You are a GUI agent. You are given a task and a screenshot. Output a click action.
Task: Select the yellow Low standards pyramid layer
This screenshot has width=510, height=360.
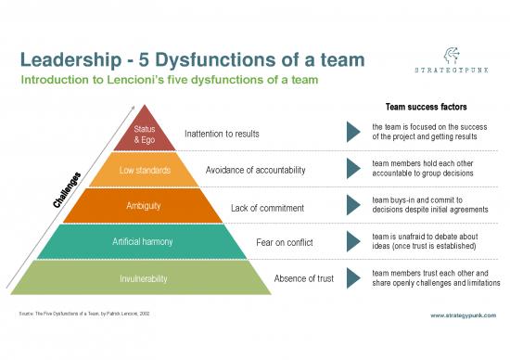coord(144,170)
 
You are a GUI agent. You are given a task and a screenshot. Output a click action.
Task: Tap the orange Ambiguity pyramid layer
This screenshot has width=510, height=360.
coord(144,205)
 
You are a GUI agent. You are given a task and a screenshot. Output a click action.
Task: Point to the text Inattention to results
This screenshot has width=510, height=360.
coord(223,134)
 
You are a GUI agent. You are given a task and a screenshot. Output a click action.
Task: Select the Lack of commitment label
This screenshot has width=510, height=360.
coord(268,207)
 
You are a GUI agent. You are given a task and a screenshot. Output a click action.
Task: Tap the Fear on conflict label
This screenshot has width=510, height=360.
coord(285,243)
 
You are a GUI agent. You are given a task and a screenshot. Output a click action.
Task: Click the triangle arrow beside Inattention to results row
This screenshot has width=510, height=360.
coord(353,133)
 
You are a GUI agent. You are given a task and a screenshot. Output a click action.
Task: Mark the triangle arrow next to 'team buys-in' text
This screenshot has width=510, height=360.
coord(353,205)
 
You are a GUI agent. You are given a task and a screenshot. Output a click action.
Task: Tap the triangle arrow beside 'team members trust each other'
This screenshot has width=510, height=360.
coord(353,277)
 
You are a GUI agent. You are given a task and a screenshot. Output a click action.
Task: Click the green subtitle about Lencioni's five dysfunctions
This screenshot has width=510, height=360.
coord(170,81)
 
